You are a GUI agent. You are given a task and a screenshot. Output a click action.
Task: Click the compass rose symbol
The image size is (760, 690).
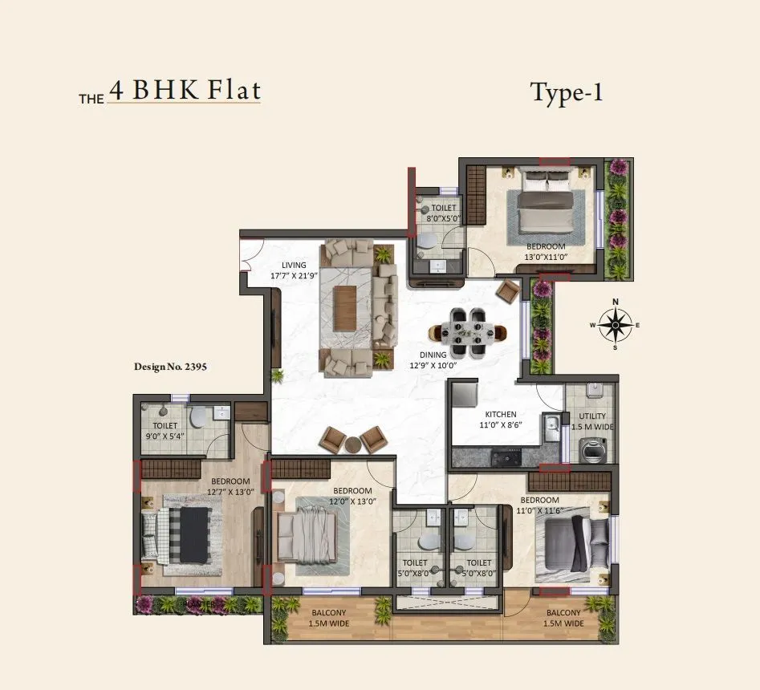click(616, 324)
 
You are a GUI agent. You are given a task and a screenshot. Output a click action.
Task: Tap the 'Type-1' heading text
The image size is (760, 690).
click(566, 93)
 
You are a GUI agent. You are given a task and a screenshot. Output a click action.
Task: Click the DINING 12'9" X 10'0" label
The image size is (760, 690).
click(433, 359)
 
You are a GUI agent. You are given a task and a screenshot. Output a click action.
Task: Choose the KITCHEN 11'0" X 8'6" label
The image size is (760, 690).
click(500, 420)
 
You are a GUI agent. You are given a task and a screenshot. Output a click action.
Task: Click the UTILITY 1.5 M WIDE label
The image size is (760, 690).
click(591, 422)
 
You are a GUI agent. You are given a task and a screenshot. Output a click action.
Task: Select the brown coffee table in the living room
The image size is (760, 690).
click(345, 309)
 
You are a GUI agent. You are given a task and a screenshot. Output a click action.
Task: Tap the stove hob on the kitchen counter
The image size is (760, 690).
click(505, 458)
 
